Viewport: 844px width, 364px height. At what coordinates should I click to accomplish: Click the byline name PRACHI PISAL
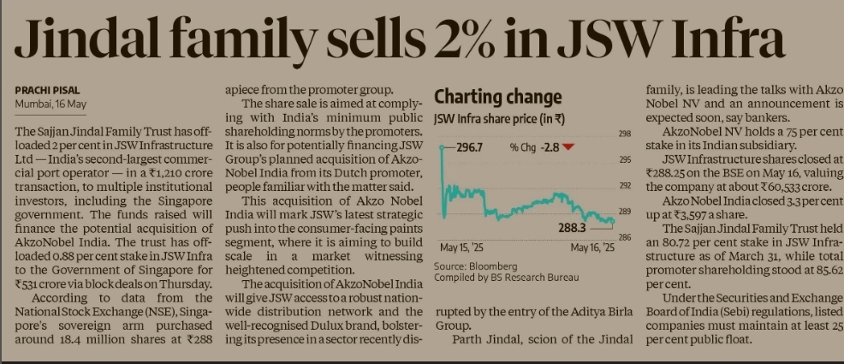[48, 90]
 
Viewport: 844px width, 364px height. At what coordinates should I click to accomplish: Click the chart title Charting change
[498, 96]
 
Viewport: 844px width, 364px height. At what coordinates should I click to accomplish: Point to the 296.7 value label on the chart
[467, 147]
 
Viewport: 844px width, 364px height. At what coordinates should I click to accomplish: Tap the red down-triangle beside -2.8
[568, 147]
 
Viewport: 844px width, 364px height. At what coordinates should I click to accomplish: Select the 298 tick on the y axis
[625, 134]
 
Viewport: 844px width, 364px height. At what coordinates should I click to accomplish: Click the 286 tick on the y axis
[625, 236]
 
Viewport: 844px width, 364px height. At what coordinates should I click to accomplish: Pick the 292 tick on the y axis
[625, 185]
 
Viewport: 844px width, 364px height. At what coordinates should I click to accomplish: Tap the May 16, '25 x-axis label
[592, 248]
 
